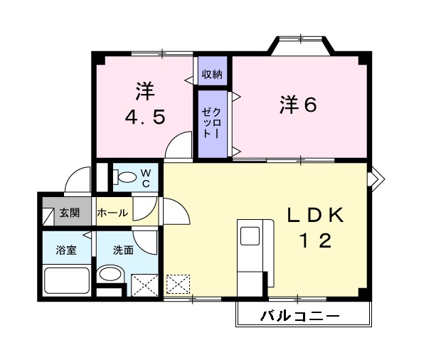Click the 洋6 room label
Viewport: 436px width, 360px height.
(x=297, y=105)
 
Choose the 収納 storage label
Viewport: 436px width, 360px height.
(x=211, y=74)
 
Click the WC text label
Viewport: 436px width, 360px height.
(x=144, y=177)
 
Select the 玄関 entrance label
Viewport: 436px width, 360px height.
(x=69, y=212)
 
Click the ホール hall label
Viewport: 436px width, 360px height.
(x=112, y=213)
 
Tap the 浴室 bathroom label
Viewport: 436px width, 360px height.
(x=67, y=250)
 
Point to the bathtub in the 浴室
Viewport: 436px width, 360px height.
(x=66, y=280)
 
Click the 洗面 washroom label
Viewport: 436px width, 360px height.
(x=123, y=250)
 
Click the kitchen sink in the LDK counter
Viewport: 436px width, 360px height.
(x=250, y=236)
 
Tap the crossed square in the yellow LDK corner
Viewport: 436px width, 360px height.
(x=177, y=283)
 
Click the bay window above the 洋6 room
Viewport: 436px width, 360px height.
(x=300, y=45)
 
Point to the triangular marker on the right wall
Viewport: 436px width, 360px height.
(x=376, y=174)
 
